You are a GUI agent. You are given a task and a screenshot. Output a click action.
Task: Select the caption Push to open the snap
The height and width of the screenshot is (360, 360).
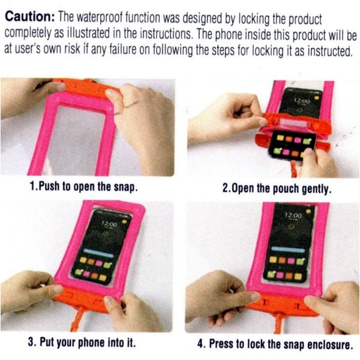click(x=84, y=186)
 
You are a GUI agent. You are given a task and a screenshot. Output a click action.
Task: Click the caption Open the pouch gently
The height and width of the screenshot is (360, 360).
click(x=277, y=188)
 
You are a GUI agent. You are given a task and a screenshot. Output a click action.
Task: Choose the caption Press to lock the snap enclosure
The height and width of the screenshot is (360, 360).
click(x=274, y=344)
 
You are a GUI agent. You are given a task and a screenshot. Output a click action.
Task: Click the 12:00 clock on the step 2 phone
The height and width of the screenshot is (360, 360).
click(x=302, y=101)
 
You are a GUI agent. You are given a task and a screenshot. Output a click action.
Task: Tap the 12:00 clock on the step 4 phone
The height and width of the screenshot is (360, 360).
click(x=293, y=215)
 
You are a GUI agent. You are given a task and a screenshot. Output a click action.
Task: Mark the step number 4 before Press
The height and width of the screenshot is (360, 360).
click(x=200, y=344)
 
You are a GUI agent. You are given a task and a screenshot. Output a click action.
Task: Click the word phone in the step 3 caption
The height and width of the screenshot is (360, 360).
click(x=99, y=343)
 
